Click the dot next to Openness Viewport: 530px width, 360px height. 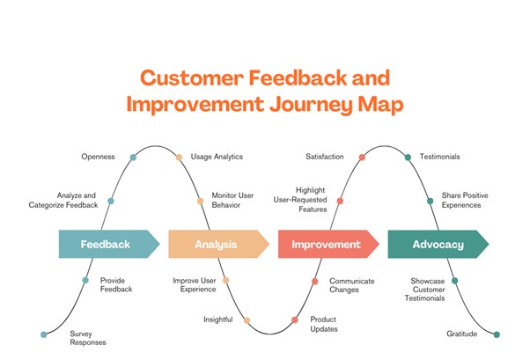click(133, 158)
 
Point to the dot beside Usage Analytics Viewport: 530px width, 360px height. click(179, 158)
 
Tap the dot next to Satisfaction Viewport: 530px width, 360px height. click(363, 158)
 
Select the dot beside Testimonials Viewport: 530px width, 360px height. click(408, 158)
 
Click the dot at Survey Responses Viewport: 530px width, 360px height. click(43, 334)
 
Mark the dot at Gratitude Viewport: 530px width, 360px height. click(497, 334)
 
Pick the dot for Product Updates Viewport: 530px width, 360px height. click(295, 320)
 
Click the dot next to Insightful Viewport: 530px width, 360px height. click(247, 320)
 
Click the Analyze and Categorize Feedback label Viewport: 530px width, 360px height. click(65, 200)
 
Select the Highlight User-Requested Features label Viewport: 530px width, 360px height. click(311, 200)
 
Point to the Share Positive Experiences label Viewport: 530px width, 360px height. click(465, 200)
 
